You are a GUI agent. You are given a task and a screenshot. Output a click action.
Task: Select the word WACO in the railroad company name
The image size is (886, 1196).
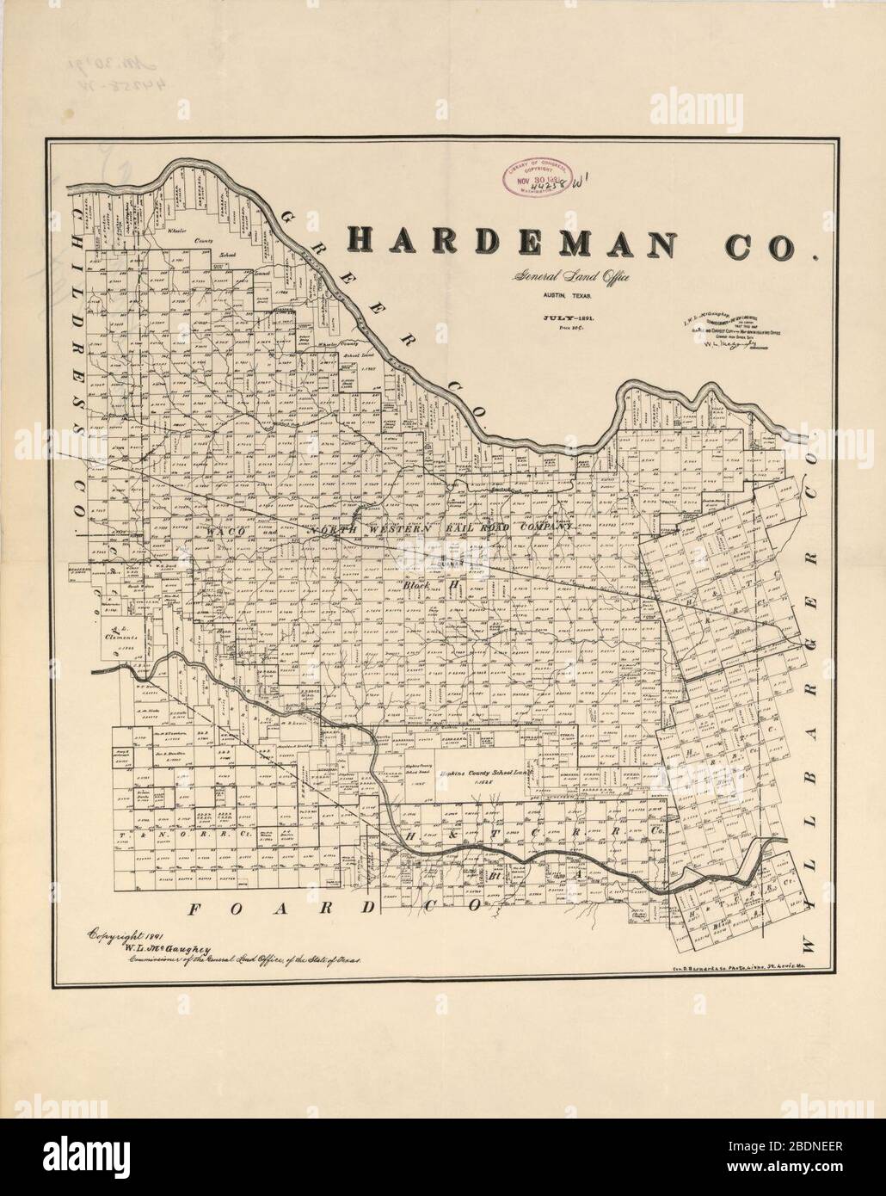(x=226, y=533)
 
